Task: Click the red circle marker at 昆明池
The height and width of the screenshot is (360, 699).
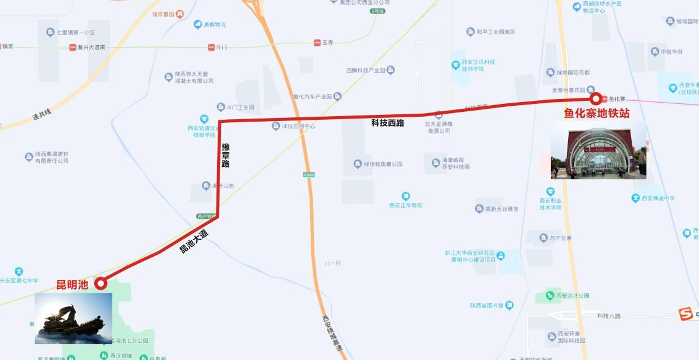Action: point(101,283)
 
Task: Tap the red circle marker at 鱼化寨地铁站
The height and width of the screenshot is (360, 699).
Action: point(595,99)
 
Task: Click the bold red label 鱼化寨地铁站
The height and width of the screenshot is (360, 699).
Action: point(596,113)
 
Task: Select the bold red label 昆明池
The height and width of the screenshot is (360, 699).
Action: point(72,284)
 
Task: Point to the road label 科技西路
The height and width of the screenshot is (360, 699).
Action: point(388,123)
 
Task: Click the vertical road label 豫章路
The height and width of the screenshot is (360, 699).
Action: point(226,155)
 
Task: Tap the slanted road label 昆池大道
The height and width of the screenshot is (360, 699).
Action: point(193,241)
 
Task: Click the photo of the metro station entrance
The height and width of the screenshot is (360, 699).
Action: point(599,150)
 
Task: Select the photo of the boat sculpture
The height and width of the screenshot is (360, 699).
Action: point(73,318)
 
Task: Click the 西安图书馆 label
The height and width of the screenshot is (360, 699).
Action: point(489,306)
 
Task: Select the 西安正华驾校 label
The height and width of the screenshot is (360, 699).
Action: point(405,205)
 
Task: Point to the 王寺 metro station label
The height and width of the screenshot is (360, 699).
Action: point(327,43)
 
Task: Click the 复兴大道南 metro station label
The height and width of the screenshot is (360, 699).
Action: point(91,47)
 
